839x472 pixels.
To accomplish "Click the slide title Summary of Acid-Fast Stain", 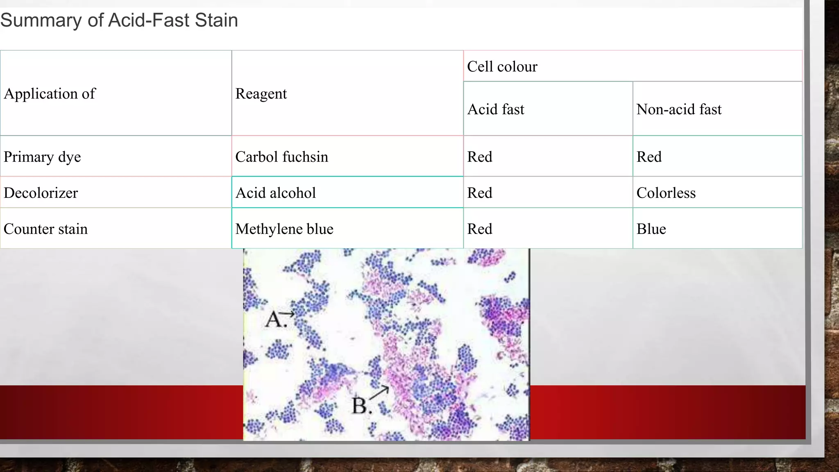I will tap(119, 20).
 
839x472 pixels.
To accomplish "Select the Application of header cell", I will tap(50, 94).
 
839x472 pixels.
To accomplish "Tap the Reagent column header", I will tap(261, 94).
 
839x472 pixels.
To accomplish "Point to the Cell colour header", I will tap(502, 66).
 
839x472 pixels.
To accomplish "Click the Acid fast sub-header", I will tap(496, 109).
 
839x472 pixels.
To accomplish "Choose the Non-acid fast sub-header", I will tap(679, 109).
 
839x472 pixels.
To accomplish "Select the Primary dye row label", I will tap(42, 157).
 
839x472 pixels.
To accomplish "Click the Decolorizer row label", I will tap(41, 193).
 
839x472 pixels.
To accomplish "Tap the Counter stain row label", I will tap(45, 229).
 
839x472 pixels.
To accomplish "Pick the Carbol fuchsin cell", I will tap(281, 157).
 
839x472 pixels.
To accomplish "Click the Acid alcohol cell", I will tap(275, 193).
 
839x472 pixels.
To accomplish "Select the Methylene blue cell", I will tap(284, 229).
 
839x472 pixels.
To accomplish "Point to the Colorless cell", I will tap(666, 193).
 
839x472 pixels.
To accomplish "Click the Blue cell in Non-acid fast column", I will tap(651, 229).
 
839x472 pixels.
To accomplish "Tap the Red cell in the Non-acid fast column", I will tap(649, 157).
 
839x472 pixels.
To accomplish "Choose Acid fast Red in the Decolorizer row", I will tap(480, 193).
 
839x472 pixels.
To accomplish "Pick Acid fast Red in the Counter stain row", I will tap(480, 229).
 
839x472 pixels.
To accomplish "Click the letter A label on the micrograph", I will tap(274, 319).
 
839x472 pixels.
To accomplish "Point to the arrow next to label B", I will tap(379, 392).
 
